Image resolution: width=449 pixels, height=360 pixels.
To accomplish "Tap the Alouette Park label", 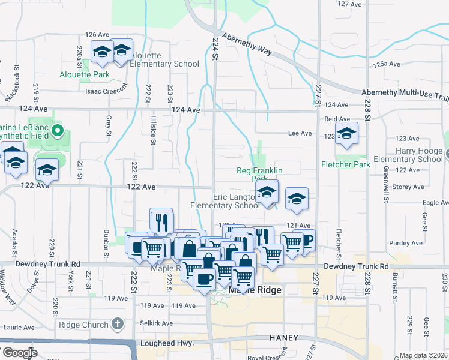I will [x=85, y=75].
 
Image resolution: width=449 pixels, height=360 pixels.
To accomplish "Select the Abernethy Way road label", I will [x=247, y=44].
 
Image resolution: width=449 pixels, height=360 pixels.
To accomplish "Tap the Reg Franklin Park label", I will [x=259, y=175].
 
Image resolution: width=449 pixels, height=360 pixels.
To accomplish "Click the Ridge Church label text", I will [x=83, y=325].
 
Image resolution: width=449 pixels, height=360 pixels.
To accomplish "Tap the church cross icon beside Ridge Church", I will [x=118, y=325].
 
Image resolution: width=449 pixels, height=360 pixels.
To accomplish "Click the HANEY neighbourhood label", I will [x=284, y=338].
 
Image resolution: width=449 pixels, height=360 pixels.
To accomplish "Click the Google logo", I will [x=19, y=353].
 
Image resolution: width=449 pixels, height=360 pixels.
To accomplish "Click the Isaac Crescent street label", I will [x=106, y=90].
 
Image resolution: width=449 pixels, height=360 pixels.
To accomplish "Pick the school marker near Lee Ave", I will [x=346, y=135].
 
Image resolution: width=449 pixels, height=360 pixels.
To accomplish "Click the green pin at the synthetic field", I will [x=58, y=129].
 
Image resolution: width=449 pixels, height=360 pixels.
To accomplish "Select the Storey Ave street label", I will [x=410, y=187].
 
